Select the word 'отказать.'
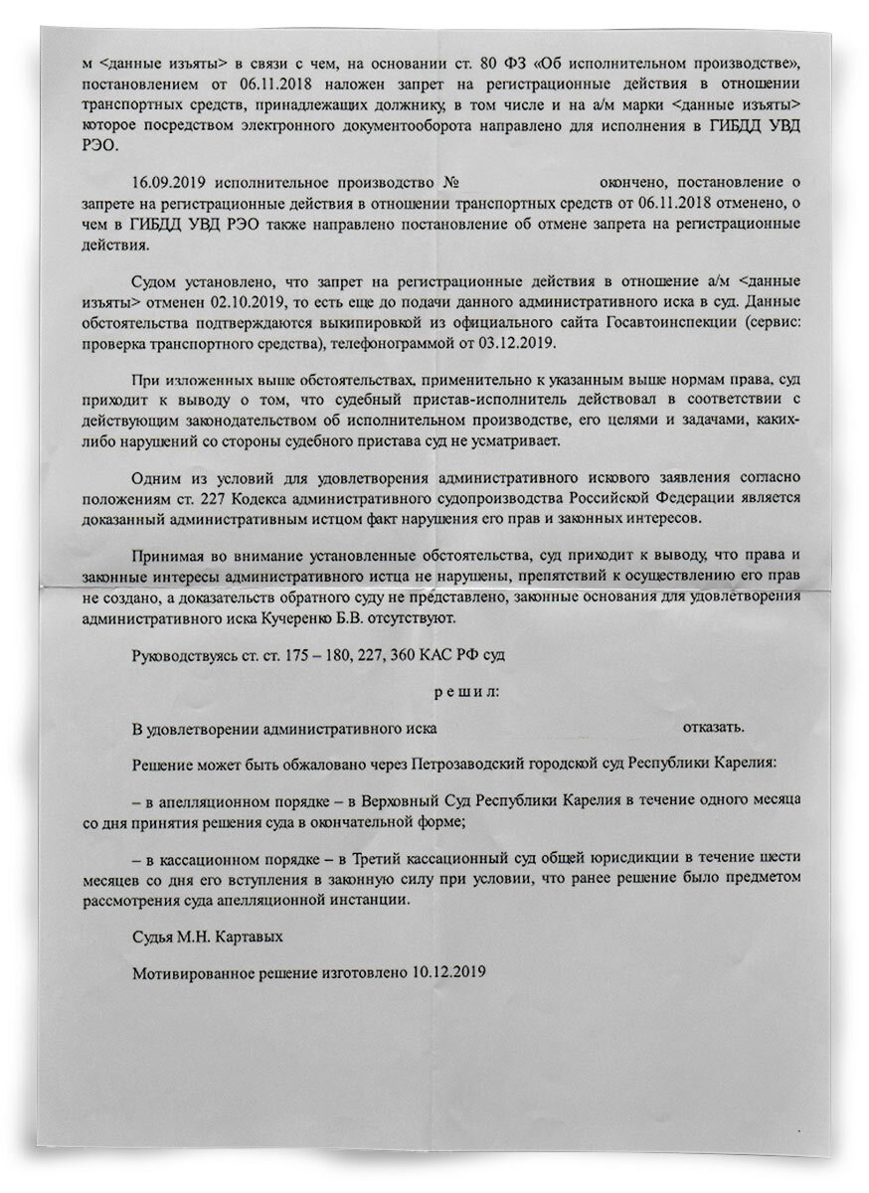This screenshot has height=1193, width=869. point(712,728)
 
